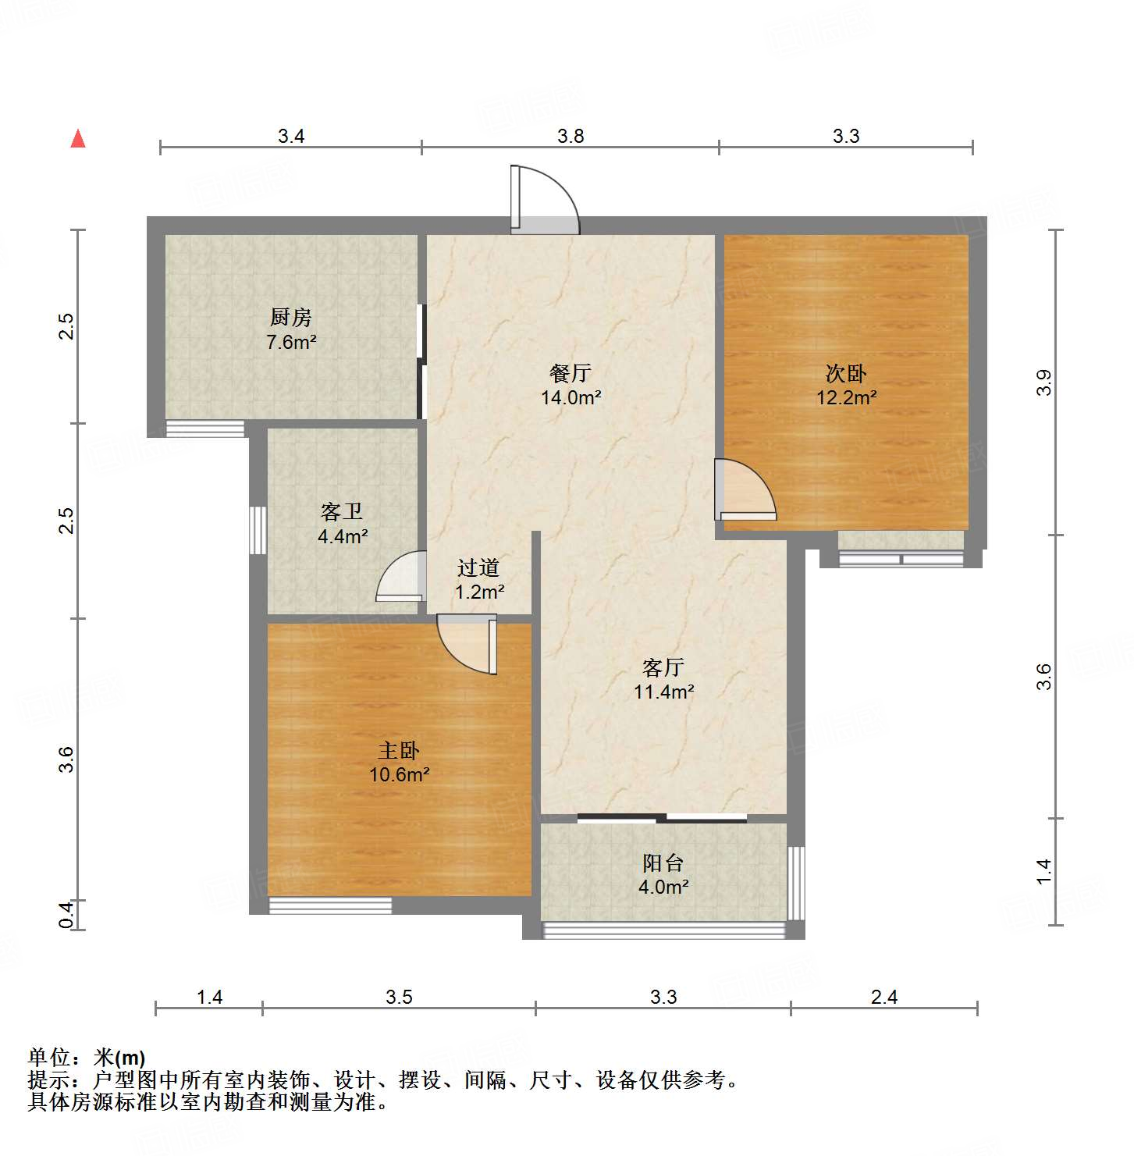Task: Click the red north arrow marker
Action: [x=78, y=139]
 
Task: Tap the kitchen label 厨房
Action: [x=290, y=317]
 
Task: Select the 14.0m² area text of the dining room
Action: [x=571, y=398]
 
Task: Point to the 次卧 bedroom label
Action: [x=846, y=373]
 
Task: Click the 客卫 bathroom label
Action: [x=342, y=512]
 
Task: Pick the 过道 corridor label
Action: [x=478, y=567]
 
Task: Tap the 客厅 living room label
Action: [x=663, y=667]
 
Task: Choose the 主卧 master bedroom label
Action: [x=399, y=751]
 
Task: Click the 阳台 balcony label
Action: [x=663, y=863]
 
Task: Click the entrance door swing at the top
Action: [x=544, y=201]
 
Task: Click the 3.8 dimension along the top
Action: [x=571, y=137]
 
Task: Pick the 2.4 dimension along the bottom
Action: [x=884, y=997]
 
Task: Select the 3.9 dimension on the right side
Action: [x=1044, y=382]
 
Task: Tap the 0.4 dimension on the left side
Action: [x=67, y=914]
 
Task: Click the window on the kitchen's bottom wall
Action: [x=205, y=429]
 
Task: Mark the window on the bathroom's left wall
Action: [x=258, y=530]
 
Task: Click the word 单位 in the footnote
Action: [x=49, y=1058]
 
